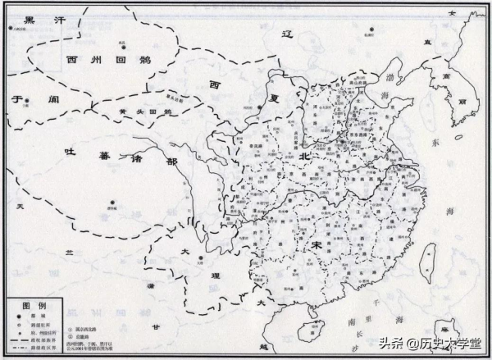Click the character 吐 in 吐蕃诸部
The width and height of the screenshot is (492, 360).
(x=70, y=152)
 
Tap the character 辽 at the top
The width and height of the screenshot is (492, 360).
(x=287, y=35)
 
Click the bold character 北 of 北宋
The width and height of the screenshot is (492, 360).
(x=304, y=156)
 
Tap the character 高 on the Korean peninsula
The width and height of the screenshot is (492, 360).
(x=470, y=75)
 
